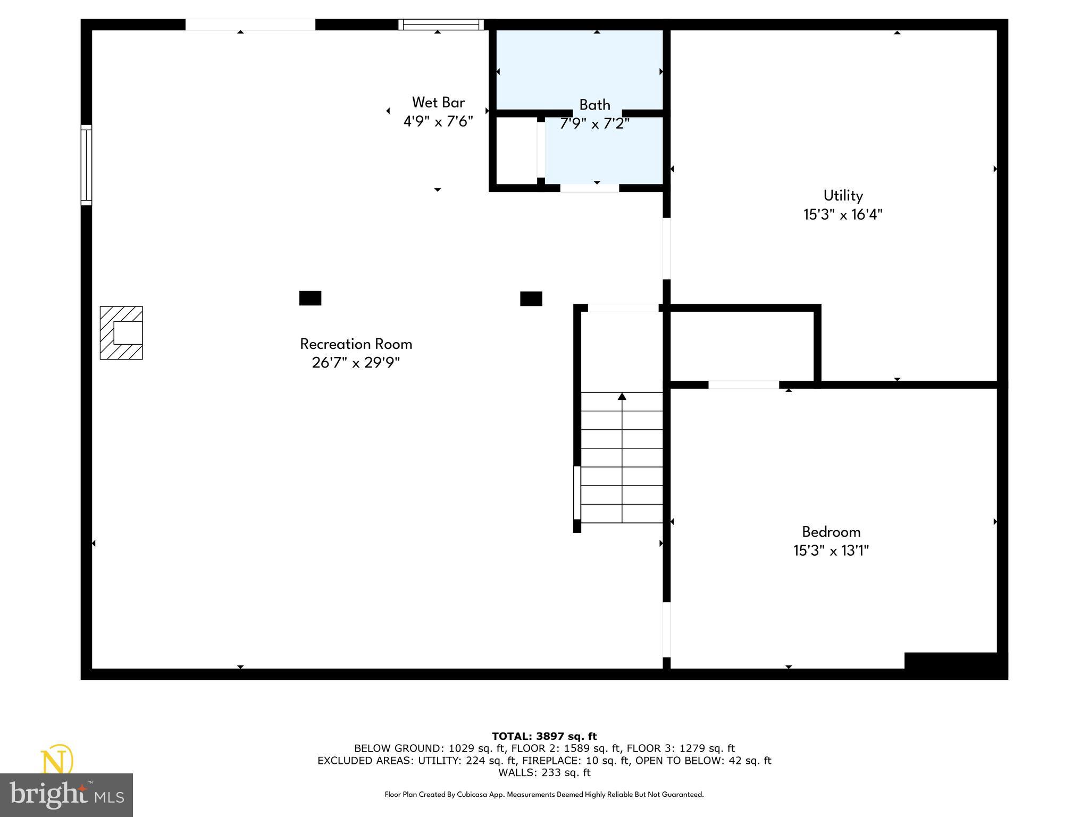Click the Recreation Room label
point(356,344)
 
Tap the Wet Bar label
point(438,103)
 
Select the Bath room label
point(594,105)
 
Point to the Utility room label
point(843,196)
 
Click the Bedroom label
point(831,532)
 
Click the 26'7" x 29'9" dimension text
point(356,363)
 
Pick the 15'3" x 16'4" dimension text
point(843,215)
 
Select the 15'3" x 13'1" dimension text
point(831,551)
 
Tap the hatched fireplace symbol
point(121,333)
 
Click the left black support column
point(310,298)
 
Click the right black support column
point(531,299)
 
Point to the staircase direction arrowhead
point(622,396)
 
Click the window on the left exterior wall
point(86,165)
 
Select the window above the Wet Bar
point(441,24)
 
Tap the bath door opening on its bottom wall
point(589,188)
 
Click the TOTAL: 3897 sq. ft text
point(544,737)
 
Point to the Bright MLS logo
point(66,795)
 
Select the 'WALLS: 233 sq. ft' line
point(544,772)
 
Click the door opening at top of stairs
point(623,308)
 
